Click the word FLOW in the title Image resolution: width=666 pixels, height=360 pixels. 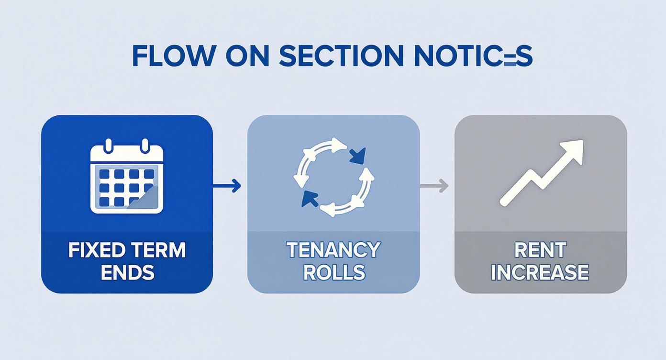click(173, 56)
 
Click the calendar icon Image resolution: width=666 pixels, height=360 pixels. click(127, 177)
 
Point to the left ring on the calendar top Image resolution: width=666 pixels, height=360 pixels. click(109, 145)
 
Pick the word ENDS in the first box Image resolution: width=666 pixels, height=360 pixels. click(127, 272)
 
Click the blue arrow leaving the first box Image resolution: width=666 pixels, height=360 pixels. click(227, 185)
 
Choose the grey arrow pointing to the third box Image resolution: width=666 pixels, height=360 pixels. click(434, 185)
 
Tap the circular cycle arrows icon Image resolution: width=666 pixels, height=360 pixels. click(333, 177)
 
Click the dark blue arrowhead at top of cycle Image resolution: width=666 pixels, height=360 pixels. click(357, 156)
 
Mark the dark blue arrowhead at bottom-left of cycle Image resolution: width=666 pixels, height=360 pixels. click(310, 198)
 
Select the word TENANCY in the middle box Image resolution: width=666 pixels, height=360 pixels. click(333, 250)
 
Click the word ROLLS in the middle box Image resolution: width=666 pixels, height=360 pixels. click(333, 272)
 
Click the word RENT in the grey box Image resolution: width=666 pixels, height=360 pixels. click(540, 250)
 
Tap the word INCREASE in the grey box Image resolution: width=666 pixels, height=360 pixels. click(540, 272)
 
